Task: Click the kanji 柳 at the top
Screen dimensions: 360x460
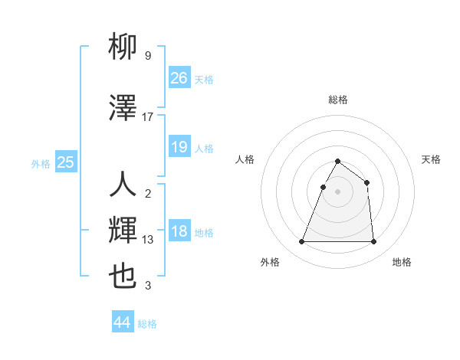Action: point(123,48)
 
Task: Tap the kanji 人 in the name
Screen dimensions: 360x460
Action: point(123,185)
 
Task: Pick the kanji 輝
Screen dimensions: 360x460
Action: point(123,230)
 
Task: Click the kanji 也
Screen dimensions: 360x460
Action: point(123,276)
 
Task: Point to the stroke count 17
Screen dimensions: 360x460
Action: point(148,116)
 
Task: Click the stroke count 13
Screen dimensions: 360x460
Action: point(148,240)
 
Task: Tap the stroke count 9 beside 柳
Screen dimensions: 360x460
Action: point(147,56)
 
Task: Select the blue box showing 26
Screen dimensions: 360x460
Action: point(179,77)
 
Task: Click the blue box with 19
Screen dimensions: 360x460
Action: point(179,147)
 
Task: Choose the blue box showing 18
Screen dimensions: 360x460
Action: point(179,232)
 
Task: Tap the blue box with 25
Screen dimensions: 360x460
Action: point(66,162)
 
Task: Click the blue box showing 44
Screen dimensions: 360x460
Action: point(123,322)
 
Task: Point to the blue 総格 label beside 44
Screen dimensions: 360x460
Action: point(147,324)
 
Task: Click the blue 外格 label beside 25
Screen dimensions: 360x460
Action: point(41,163)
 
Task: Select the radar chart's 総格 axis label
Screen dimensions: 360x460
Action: point(337,100)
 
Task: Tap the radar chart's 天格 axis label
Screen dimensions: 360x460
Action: point(431,159)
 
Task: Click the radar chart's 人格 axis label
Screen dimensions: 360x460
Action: point(245,159)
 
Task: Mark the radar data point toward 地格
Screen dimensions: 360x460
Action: point(373,242)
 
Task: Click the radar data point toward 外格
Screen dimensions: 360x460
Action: point(302,242)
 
